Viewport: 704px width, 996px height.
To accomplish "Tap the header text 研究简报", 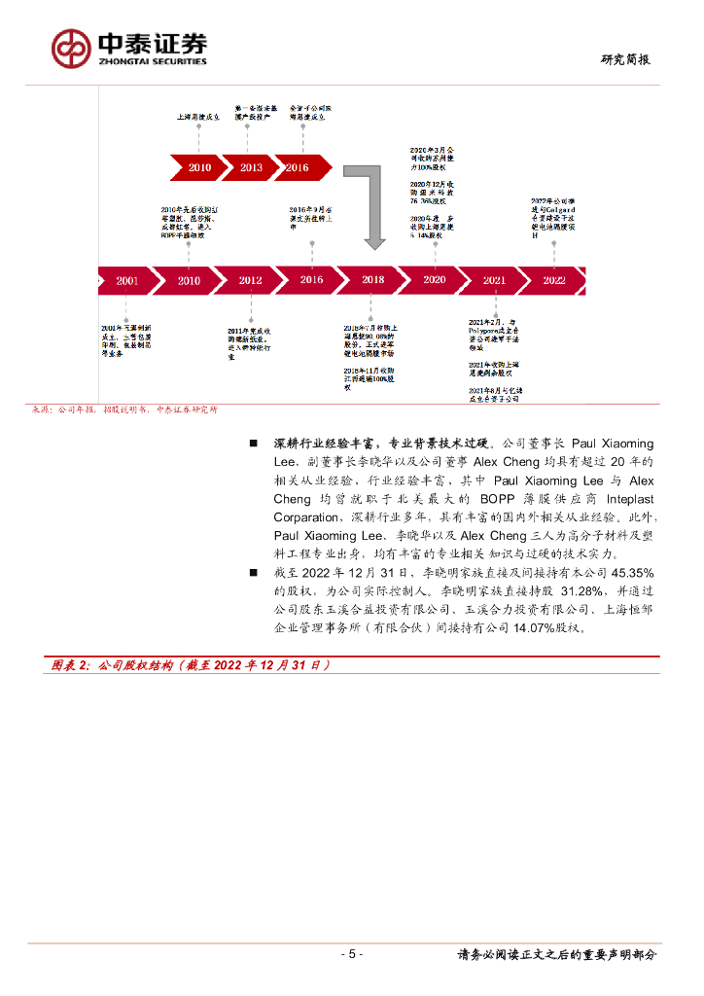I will pyautogui.click(x=625, y=59).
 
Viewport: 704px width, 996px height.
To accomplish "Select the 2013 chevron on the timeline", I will pyautogui.click(x=250, y=167).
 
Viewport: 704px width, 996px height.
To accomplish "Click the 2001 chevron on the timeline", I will pyautogui.click(x=126, y=280).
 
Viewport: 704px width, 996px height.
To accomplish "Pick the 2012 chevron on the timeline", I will pyautogui.click(x=250, y=280).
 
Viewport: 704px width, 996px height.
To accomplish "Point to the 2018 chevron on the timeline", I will pyautogui.click(x=372, y=280).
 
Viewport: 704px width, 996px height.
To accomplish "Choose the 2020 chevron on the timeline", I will pyautogui.click(x=434, y=280).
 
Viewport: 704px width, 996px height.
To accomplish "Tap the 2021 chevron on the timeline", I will pyautogui.click(x=494, y=280).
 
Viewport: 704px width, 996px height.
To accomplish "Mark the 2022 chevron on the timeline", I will pyautogui.click(x=553, y=280).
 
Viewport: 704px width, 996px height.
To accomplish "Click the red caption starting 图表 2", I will pyautogui.click(x=191, y=665).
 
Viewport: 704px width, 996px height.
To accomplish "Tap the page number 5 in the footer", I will pyautogui.click(x=354, y=954).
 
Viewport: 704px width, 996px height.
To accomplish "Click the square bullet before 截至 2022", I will pyautogui.click(x=253, y=573).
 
